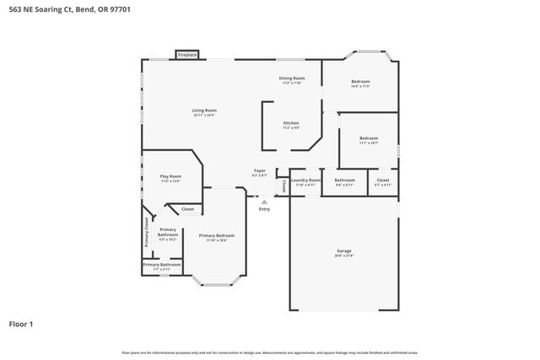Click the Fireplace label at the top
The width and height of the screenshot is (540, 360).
pyautogui.click(x=187, y=55)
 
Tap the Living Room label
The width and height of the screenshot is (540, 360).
pyautogui.click(x=204, y=111)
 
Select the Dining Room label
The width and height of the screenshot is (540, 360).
pyautogui.click(x=292, y=79)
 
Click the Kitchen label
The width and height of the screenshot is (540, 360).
pyautogui.click(x=291, y=123)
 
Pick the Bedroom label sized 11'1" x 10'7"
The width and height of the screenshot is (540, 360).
pyautogui.click(x=368, y=139)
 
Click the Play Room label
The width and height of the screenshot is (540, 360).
pyautogui.click(x=170, y=177)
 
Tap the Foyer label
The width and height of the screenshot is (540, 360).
pyautogui.click(x=260, y=171)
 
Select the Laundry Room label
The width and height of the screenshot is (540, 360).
pyautogui.click(x=305, y=180)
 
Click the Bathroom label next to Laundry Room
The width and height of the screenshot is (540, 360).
pyautogui.click(x=344, y=180)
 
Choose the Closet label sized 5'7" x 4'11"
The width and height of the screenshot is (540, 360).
pyautogui.click(x=382, y=180)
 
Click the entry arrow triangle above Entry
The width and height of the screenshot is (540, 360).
pyautogui.click(x=264, y=201)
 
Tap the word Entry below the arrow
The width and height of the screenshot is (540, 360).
pyautogui.click(x=264, y=209)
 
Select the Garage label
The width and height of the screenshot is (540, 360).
pyautogui.click(x=343, y=251)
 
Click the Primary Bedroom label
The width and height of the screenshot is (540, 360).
pyautogui.click(x=217, y=236)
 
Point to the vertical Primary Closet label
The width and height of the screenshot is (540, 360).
pyautogui.click(x=147, y=231)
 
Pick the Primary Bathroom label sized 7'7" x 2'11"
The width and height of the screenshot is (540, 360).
pyautogui.click(x=161, y=266)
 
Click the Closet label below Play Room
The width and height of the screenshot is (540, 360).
pyautogui.click(x=187, y=209)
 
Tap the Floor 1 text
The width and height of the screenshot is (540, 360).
pyautogui.click(x=22, y=323)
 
